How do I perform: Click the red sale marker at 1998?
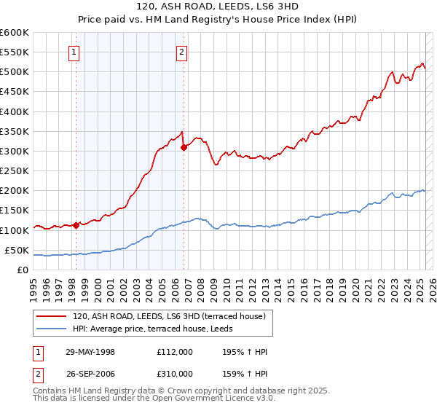[x=76, y=226]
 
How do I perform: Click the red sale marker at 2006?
[x=184, y=147]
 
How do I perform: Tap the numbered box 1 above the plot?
[x=76, y=51]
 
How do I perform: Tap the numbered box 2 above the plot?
[x=181, y=51]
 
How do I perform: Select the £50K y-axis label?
[x=17, y=250]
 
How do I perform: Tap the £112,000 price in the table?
[x=174, y=352]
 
